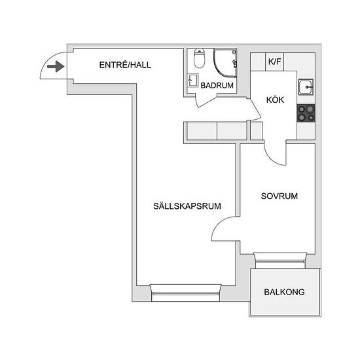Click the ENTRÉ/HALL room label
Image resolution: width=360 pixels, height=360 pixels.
coord(125,65)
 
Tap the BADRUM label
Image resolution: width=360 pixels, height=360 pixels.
coord(217,85)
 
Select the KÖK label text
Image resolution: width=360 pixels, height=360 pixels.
coord(275,100)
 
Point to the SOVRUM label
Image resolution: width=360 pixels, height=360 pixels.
coord(279,196)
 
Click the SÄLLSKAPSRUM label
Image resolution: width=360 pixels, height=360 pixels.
coord(187,206)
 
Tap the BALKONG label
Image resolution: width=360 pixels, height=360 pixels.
coord(284,292)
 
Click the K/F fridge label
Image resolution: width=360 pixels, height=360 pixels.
coord(275,62)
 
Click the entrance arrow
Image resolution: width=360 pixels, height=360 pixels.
coord(56,67)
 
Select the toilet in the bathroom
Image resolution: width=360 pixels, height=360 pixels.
coord(199,58)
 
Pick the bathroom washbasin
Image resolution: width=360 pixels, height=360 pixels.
coord(193,81)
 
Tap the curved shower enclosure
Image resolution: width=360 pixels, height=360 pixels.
coord(225,62)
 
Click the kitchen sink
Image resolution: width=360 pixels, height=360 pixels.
coord(306,87)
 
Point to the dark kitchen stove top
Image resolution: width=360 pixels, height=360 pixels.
coord(306,113)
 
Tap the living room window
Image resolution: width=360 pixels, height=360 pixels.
coord(185,293)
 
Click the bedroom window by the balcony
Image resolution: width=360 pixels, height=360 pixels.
coord(280,261)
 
